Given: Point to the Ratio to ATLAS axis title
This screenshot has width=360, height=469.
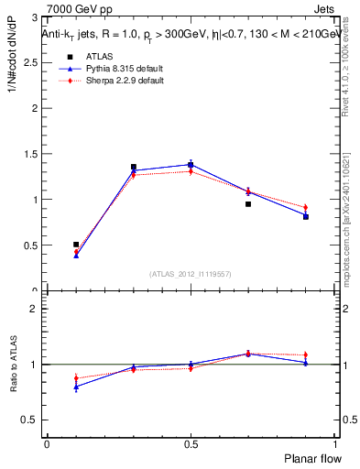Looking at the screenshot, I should pos(14,364).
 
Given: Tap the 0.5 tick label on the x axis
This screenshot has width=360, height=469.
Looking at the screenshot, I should pos(191,443).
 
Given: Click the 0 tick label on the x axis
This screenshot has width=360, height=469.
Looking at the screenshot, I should pos(47,443).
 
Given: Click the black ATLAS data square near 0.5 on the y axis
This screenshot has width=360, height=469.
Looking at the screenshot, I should pos(76,245).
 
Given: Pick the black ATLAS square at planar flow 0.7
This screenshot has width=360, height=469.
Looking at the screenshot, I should pos(248,204).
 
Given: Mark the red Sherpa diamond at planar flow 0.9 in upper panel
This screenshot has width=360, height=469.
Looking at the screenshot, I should pos(306,208).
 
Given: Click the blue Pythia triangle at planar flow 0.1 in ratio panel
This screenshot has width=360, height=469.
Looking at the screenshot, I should pos(76,387).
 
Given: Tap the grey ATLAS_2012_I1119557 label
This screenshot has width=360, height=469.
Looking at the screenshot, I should pos(191,274).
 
